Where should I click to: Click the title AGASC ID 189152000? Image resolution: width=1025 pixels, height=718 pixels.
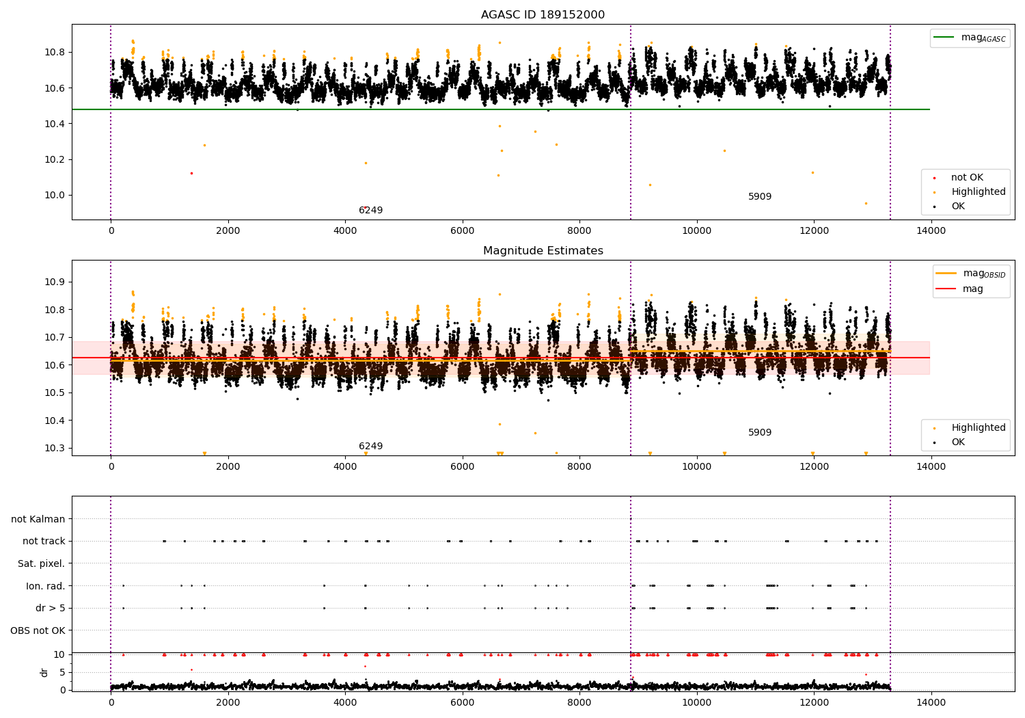coord(543,15)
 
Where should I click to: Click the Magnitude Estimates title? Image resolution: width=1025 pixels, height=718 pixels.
coord(543,251)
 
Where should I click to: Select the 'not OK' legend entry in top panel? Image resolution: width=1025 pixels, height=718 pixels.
coord(967,178)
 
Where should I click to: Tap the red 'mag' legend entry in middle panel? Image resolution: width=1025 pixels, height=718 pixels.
coord(972,289)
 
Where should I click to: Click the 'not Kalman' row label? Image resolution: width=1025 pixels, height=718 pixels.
coord(38,520)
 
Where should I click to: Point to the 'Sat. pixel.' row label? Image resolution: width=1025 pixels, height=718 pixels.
coord(42,564)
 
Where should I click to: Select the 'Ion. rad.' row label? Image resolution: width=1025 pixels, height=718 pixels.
coord(46,586)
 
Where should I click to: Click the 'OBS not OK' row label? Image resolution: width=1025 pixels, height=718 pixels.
coord(38,630)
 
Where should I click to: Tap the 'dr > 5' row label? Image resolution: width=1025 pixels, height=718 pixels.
coord(51,608)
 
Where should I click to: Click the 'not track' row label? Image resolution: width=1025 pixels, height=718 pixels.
coord(44,542)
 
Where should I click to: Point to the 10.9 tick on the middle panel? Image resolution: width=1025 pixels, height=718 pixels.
coord(54,282)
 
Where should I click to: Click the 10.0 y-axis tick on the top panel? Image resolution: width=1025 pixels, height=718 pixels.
coord(54,196)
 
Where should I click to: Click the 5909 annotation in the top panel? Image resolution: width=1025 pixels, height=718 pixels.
coord(759,197)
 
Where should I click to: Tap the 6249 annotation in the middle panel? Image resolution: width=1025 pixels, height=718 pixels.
coord(370,447)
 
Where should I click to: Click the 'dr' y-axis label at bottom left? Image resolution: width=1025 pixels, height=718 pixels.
coord(44,673)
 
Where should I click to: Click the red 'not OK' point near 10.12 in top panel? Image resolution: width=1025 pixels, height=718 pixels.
coord(191,173)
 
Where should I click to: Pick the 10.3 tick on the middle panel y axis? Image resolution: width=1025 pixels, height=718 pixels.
coord(54,449)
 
